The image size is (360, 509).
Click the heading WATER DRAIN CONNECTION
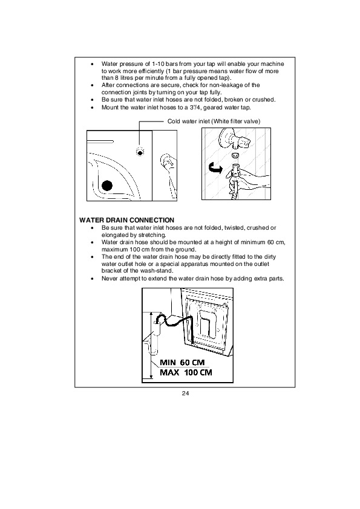point(126,220)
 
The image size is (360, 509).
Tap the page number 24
point(185,394)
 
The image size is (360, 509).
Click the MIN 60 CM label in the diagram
point(182,362)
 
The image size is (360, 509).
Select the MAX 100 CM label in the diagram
point(186,372)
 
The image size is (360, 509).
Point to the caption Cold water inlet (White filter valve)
point(214,122)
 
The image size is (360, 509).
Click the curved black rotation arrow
point(215,168)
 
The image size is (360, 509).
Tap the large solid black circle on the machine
point(107,186)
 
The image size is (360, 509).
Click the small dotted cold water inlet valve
point(140,152)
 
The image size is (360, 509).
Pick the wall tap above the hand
point(235,139)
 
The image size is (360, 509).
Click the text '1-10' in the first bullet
point(159,64)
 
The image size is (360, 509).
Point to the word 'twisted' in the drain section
point(234,228)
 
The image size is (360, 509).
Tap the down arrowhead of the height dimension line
point(151,377)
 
